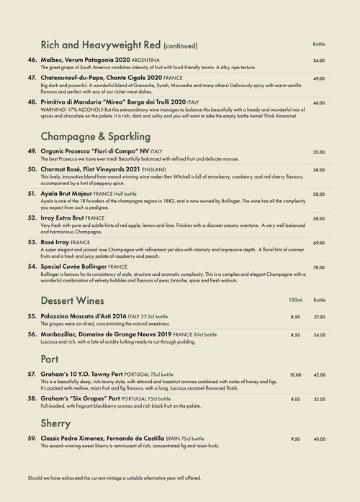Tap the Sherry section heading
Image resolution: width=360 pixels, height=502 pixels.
click(x=56, y=422)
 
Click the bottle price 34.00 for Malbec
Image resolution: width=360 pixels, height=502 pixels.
click(x=319, y=60)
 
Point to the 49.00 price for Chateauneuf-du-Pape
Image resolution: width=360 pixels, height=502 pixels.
click(x=319, y=79)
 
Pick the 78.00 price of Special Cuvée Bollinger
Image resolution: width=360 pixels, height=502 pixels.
click(x=319, y=268)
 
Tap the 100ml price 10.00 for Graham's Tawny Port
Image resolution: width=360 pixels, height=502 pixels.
click(x=295, y=375)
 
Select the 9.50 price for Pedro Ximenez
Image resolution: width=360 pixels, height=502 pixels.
click(x=295, y=439)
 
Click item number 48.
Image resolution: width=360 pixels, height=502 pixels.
click(x=32, y=102)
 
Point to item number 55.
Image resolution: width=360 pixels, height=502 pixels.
click(x=32, y=315)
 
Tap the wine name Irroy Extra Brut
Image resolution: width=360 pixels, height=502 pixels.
click(x=71, y=217)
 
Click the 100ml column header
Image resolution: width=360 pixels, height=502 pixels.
click(x=295, y=299)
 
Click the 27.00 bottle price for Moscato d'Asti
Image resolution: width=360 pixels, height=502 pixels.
click(x=319, y=317)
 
